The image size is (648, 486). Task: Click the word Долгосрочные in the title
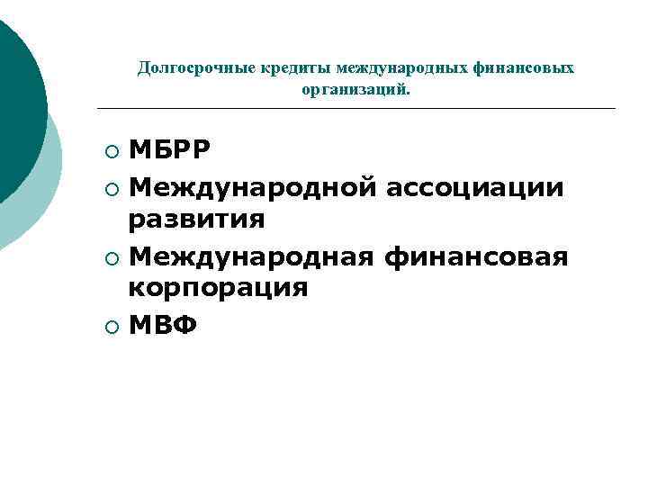[190, 68]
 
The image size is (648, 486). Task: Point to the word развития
[196, 220]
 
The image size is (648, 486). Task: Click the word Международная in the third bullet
[251, 257]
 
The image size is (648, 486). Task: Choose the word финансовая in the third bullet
[476, 257]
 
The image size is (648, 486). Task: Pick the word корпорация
[218, 289]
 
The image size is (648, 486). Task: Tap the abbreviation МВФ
[162, 325]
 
